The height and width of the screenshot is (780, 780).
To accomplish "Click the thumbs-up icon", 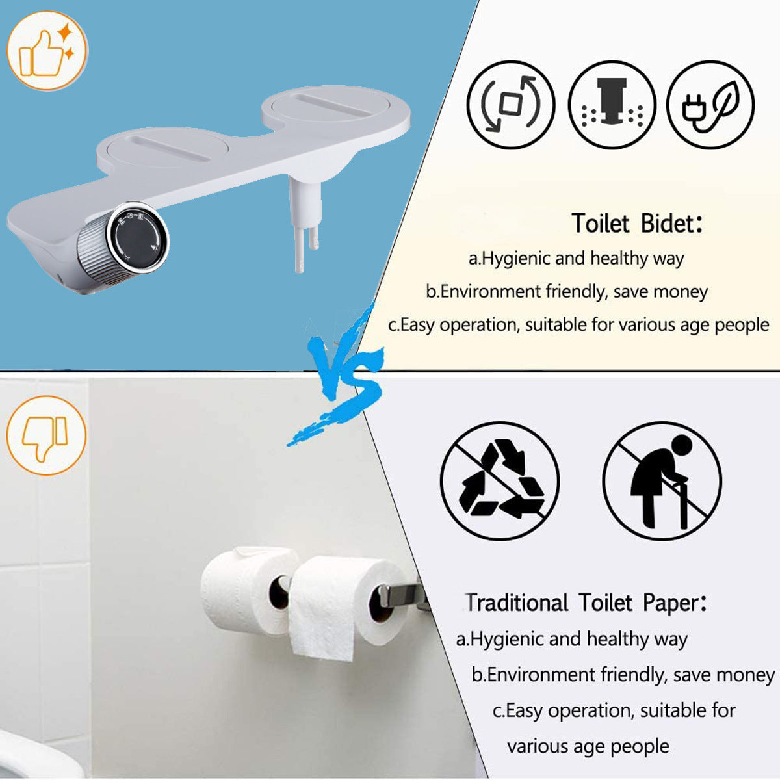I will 45,51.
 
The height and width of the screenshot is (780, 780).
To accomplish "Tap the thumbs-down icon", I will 45,436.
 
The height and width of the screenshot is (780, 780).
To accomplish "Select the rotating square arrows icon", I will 511,105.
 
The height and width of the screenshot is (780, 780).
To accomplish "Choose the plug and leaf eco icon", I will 710,105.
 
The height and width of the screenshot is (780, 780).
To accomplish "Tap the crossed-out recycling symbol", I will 500,481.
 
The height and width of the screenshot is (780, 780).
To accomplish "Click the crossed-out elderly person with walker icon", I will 662,481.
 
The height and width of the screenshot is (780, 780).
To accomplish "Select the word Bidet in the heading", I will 667,224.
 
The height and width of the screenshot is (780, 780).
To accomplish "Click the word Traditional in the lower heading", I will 517,603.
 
